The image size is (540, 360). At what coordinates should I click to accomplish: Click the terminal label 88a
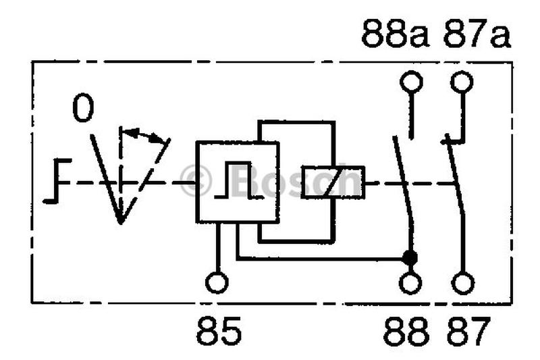point(395,33)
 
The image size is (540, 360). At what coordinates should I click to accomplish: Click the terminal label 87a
point(477,33)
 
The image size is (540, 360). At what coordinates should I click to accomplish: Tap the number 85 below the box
point(219,332)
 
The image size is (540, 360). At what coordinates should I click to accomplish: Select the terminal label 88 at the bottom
point(406,332)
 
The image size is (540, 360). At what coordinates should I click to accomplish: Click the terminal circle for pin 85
point(217,283)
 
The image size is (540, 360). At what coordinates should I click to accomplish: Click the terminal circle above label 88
point(410,283)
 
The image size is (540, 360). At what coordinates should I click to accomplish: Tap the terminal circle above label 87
point(463,283)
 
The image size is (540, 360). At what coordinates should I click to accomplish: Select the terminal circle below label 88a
point(411,82)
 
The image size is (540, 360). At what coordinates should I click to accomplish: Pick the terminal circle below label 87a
point(462,82)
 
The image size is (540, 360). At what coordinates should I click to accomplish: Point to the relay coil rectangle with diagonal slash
point(333,182)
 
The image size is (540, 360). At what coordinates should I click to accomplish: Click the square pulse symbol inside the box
point(238,180)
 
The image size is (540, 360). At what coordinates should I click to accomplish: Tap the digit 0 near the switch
point(83,108)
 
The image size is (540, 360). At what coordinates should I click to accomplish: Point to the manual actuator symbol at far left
point(57,181)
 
